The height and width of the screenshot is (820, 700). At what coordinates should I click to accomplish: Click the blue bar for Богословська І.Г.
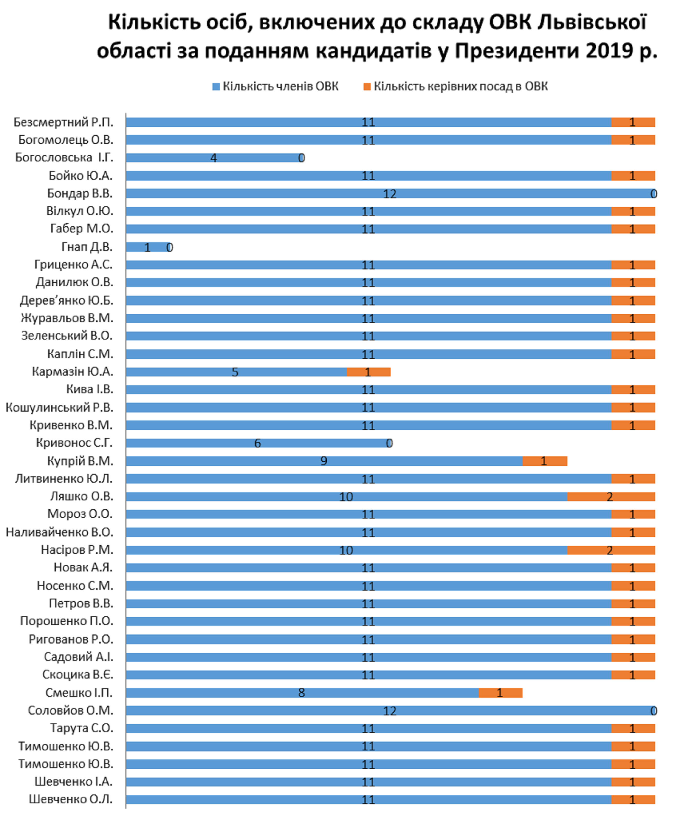point(214,158)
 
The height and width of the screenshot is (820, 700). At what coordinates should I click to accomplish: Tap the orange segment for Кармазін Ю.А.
point(369,372)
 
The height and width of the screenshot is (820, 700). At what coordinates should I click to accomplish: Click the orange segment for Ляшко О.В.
point(611,496)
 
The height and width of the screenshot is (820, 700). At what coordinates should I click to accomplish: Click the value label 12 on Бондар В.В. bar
point(390,194)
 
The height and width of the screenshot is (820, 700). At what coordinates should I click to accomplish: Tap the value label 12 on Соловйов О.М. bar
point(390,711)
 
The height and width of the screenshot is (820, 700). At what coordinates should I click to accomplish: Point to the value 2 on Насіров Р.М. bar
point(610,550)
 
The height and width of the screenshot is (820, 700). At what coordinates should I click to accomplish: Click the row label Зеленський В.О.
point(67,335)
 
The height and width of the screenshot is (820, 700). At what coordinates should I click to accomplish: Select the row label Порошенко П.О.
point(66,621)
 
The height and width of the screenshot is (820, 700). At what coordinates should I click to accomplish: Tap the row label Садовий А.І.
point(78,657)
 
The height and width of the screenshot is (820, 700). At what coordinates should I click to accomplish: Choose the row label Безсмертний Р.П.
point(63,122)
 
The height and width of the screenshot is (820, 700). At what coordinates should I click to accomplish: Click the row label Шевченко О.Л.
point(71,799)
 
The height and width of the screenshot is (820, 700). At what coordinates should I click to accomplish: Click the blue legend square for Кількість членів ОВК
point(216,87)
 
